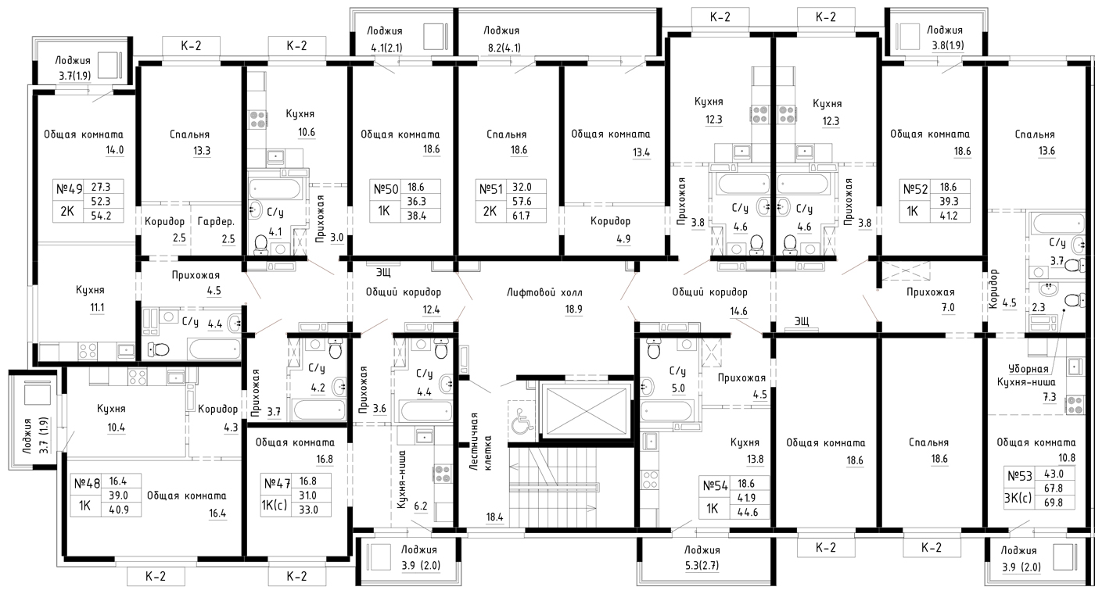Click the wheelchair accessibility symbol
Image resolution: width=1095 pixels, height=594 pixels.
coord(522,418)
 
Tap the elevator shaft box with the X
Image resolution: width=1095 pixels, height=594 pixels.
coord(586,411)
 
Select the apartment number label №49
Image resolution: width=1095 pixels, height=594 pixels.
coord(69,188)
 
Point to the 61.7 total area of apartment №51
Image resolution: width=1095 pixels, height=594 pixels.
coord(521,216)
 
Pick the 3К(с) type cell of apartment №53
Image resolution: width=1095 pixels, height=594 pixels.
coord(1018,498)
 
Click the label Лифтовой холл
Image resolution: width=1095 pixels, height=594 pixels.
coord(544,292)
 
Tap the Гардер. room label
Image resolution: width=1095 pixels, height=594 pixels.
coord(216,222)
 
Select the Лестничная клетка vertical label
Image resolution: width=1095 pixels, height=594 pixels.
coord(480,442)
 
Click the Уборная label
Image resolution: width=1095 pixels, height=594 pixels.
coord(1029,369)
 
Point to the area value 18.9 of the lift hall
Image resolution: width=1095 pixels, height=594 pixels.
coord(573,310)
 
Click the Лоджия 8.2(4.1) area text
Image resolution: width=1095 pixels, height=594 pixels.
coord(502,48)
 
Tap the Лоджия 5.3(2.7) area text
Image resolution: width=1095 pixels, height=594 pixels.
coord(702,566)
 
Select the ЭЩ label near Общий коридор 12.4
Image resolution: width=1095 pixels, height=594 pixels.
coord(383,272)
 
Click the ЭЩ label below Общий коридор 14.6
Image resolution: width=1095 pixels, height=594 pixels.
coord(801,320)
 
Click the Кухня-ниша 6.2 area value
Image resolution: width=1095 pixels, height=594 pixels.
coord(421,506)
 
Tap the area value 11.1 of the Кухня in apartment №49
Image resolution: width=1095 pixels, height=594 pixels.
coord(97,307)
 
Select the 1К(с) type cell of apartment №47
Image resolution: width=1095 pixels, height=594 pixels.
coord(275,504)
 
